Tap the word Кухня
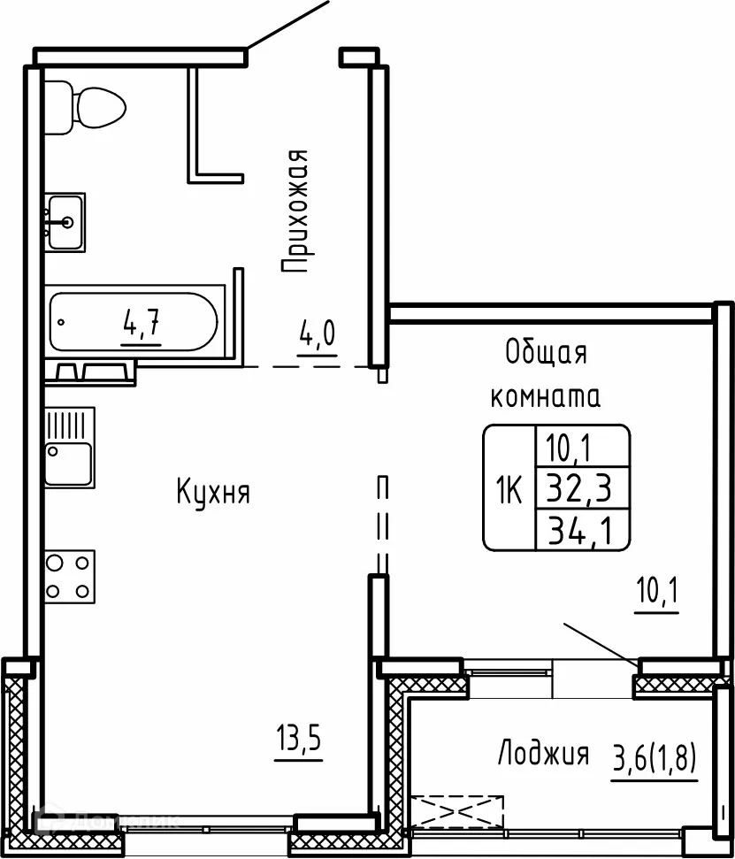point(213,492)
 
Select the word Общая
point(546,353)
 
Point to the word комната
point(546,397)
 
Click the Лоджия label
point(543,755)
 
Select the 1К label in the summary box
point(509,487)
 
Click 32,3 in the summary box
point(582,487)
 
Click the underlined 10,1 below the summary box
point(656,588)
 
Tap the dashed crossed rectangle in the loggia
point(456,810)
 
